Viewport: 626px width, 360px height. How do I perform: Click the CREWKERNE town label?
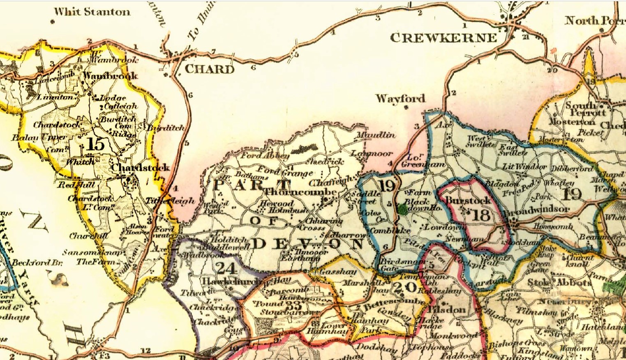443,38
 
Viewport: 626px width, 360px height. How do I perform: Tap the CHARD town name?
210,69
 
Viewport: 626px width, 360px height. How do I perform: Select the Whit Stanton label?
92,12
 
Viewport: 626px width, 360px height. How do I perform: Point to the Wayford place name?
400,99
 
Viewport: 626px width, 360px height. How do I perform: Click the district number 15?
95,144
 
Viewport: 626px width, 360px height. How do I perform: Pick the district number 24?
226,268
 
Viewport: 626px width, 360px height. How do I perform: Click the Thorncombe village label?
301,192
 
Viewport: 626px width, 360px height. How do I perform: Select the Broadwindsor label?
538,209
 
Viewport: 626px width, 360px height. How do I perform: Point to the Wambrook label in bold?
110,76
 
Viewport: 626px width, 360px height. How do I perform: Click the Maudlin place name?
376,135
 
